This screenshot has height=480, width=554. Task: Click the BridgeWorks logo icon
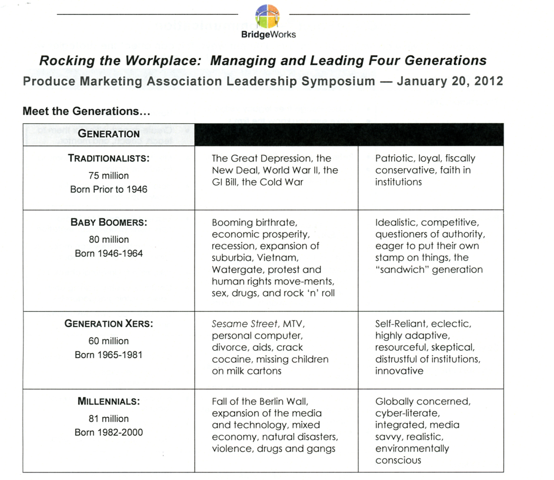[x=267, y=16]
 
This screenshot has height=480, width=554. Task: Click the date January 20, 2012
[x=450, y=81]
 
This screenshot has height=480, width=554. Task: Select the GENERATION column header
[x=108, y=134]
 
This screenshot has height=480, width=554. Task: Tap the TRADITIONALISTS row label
[x=108, y=158]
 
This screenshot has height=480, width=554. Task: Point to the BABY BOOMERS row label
[x=108, y=222]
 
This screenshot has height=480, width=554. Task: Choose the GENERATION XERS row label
[x=108, y=324]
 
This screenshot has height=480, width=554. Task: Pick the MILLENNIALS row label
[x=108, y=401]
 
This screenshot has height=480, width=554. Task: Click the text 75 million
[x=108, y=175]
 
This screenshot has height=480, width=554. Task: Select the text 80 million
[x=108, y=239]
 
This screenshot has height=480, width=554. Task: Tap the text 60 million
[x=108, y=341]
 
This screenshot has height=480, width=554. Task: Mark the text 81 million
[x=108, y=418]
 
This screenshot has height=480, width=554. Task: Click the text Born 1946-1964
[x=108, y=253]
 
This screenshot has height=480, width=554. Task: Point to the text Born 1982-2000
[x=108, y=432]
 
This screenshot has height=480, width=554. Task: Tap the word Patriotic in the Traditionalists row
[x=393, y=158]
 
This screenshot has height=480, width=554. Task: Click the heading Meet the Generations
[x=86, y=111]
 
